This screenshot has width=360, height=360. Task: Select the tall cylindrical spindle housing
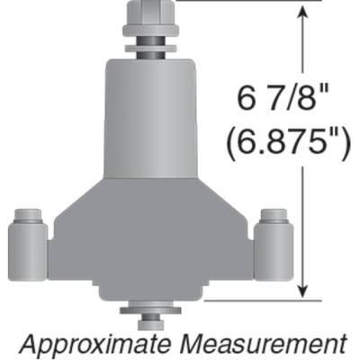coord(149,117)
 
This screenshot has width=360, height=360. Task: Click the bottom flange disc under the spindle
coord(149,310)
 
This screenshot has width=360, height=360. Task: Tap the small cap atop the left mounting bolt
coord(28,216)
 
